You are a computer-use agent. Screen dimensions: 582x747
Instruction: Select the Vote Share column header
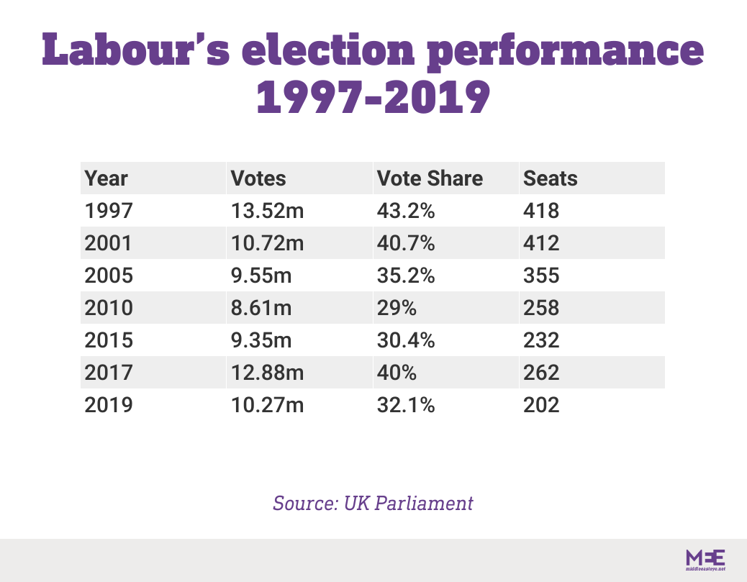click(430, 178)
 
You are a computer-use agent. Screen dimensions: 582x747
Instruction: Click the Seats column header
click(551, 178)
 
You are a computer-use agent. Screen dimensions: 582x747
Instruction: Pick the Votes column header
click(258, 178)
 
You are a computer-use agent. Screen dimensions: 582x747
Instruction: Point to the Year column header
click(106, 178)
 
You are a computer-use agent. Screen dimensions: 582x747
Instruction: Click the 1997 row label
click(109, 212)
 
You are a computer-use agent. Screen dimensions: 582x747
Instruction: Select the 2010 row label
click(109, 309)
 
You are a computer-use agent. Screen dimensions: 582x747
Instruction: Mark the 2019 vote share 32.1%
click(405, 406)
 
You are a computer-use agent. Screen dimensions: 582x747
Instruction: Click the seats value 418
click(541, 212)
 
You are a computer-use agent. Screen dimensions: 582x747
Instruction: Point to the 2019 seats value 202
click(541, 406)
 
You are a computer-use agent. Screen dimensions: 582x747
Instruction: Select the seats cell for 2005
click(541, 276)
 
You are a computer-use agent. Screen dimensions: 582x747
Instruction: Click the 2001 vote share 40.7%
click(405, 244)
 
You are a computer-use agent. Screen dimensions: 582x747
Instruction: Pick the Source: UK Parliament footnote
click(373, 503)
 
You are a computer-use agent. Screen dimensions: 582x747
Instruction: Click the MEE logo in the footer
click(705, 560)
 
